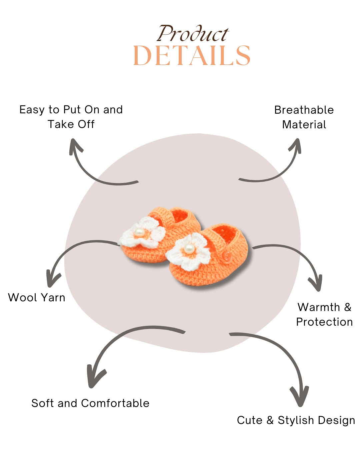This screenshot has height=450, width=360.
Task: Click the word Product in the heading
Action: (x=193, y=34)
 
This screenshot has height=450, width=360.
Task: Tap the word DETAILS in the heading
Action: (x=192, y=56)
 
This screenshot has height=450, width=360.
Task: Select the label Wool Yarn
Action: (x=37, y=297)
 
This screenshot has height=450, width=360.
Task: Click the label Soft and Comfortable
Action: (x=90, y=403)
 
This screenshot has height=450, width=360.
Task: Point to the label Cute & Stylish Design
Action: (x=296, y=420)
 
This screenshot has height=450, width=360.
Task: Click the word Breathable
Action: (x=304, y=110)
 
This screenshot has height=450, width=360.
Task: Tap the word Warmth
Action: (x=319, y=307)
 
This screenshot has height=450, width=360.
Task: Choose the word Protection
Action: (x=324, y=322)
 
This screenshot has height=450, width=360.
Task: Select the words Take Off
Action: (x=71, y=124)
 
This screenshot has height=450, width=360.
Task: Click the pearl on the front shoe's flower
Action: (x=189, y=248)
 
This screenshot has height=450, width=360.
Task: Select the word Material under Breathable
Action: (x=304, y=124)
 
